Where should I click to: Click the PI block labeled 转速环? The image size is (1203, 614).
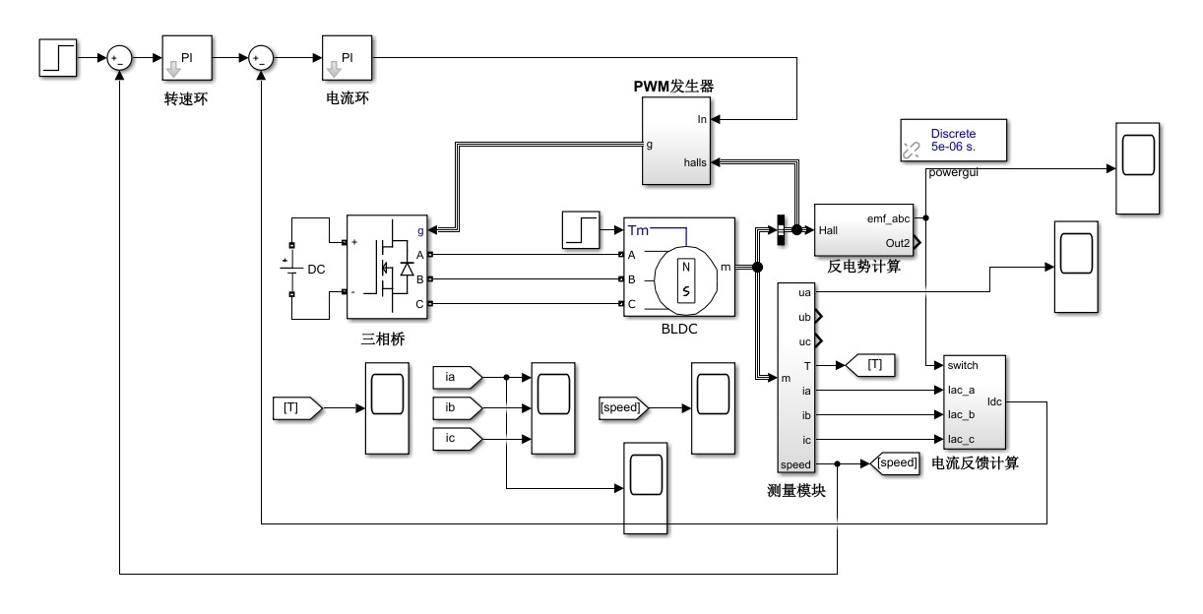point(187,58)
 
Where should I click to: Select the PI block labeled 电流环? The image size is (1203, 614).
point(347,58)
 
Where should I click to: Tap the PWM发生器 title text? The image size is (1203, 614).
point(673,87)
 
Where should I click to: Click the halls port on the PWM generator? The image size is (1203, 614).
point(694,162)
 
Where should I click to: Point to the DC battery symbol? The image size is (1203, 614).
point(291,269)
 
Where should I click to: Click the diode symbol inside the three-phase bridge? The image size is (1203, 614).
point(408,268)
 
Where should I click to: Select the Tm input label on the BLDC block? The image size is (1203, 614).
point(638,230)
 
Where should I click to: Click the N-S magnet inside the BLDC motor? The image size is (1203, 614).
point(686,280)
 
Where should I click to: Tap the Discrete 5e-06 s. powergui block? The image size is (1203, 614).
point(953,140)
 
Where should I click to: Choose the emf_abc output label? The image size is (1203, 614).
point(888,218)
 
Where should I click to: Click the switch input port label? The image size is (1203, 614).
point(963,365)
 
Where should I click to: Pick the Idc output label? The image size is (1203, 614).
point(994,402)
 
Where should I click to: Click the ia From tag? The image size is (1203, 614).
point(457,377)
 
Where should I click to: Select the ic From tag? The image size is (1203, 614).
point(457,439)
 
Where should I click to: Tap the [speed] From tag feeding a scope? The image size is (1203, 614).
point(623,408)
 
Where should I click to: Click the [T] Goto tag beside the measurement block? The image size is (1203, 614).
point(870,365)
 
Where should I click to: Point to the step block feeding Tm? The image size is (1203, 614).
point(581,229)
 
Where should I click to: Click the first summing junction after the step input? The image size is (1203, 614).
point(119,58)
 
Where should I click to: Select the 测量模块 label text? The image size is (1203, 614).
point(795,491)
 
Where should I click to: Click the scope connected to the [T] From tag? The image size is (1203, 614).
point(387,408)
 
